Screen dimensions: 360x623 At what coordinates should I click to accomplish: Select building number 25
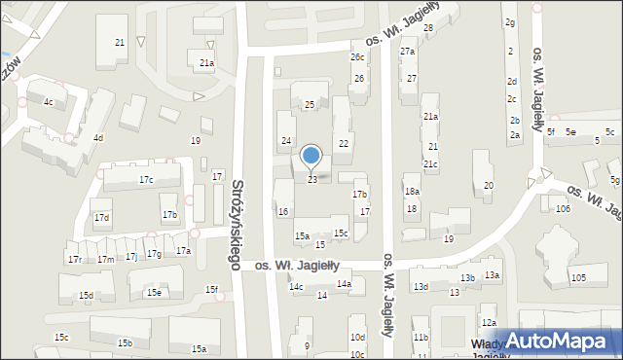(310, 104)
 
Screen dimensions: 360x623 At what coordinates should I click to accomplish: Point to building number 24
(286, 141)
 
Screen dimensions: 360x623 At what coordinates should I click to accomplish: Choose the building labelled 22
(343, 144)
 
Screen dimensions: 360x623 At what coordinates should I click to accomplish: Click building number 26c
(357, 57)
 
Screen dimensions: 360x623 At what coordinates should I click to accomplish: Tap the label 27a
(408, 52)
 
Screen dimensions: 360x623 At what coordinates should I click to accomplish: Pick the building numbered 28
(427, 28)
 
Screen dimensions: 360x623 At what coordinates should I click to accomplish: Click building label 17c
(146, 180)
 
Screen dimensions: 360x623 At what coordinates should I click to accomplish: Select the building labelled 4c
(49, 101)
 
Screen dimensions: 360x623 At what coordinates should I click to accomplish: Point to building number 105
(579, 278)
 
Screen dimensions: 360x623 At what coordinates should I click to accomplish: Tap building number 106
(562, 209)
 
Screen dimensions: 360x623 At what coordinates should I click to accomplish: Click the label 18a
(412, 192)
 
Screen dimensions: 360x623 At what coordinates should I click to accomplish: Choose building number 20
(489, 185)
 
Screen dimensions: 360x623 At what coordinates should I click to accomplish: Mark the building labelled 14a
(344, 284)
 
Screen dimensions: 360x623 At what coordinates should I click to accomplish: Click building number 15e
(154, 292)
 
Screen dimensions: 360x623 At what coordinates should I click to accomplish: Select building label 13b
(468, 278)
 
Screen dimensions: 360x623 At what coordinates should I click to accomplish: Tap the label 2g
(509, 21)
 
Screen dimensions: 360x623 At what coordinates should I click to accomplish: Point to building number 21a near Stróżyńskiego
(206, 62)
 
